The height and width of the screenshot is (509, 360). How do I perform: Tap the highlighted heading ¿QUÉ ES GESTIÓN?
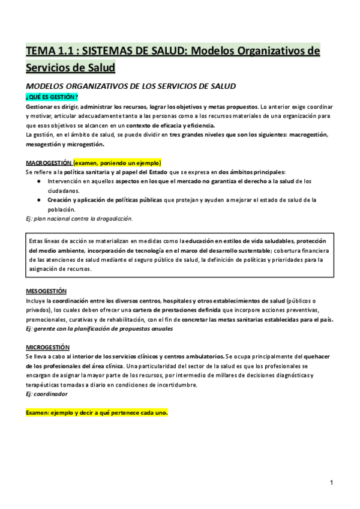click(x=52, y=97)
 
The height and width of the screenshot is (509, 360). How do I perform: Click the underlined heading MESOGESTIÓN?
click(x=46, y=291)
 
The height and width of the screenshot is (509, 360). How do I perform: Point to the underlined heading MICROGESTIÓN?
click(x=47, y=348)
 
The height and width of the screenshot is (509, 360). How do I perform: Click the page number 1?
click(x=331, y=482)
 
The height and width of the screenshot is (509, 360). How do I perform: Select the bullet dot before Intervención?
click(x=39, y=181)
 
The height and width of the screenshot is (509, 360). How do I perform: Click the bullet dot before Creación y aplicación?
click(x=39, y=199)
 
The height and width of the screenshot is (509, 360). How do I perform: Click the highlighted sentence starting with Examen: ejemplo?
click(x=97, y=414)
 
